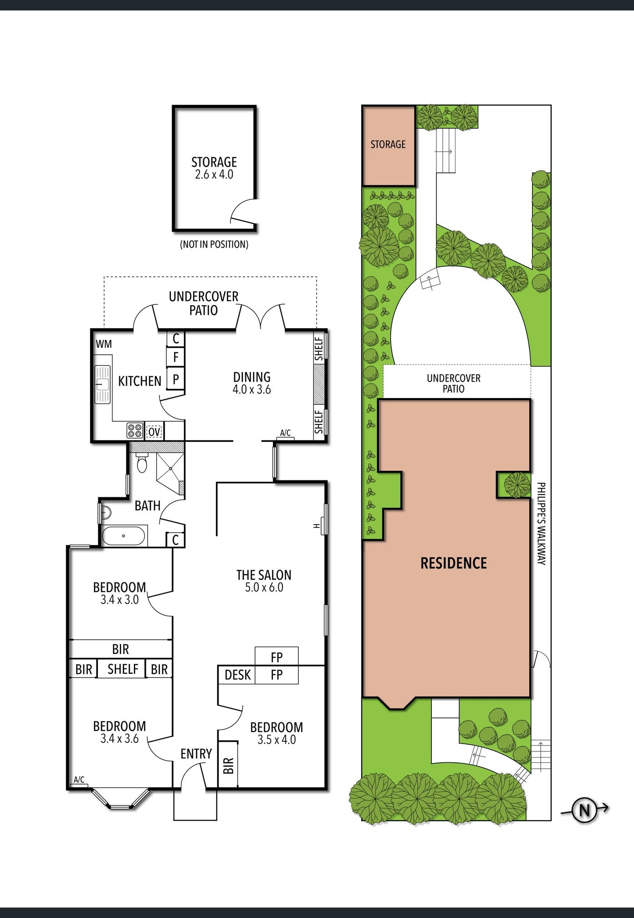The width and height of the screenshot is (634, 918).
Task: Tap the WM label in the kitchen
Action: point(104,344)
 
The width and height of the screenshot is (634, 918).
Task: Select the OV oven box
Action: point(154,431)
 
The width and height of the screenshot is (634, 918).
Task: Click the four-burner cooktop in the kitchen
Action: point(135,431)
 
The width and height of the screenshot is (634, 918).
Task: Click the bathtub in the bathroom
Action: point(124,535)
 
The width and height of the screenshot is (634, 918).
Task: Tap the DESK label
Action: point(238,675)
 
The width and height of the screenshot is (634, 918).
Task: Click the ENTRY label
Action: point(196,754)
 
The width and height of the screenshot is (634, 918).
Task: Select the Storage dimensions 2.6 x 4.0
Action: point(214,174)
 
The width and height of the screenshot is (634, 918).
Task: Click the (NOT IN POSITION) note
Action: point(214,245)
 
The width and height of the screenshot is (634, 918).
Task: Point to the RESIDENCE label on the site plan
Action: point(454,563)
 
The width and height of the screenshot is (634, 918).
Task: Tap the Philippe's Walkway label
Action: point(541,524)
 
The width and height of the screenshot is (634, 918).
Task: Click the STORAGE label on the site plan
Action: point(388,144)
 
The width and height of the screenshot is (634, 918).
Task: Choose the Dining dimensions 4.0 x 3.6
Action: point(252,389)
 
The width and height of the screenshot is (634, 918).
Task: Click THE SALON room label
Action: point(264,575)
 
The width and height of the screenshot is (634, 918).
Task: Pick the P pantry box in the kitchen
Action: point(176,378)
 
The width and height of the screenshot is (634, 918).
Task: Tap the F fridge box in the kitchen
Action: point(176,357)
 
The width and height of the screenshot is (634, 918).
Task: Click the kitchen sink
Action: point(102,384)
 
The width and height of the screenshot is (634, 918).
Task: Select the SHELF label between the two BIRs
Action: point(123,669)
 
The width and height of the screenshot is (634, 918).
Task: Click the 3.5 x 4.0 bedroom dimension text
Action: point(276,739)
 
